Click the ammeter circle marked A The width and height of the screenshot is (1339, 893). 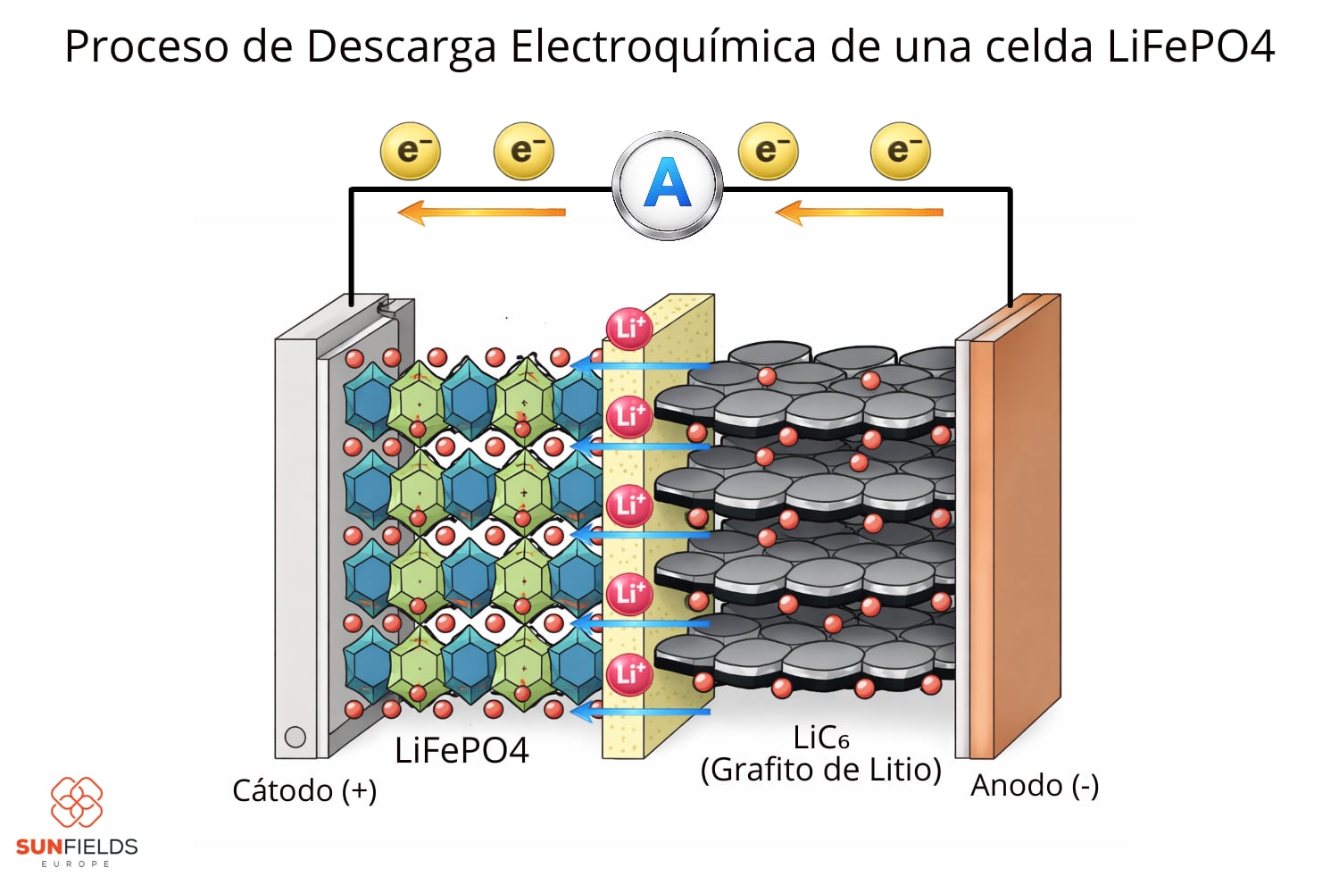pyautogui.click(x=667, y=185)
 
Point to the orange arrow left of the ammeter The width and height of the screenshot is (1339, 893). pyautogui.click(x=481, y=213)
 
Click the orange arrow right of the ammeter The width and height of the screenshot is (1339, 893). pyautogui.click(x=859, y=213)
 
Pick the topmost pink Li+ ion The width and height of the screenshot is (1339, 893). pyautogui.click(x=629, y=329)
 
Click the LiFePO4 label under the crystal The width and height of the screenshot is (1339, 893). pyautogui.click(x=462, y=751)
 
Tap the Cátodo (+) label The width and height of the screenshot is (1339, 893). pyautogui.click(x=304, y=790)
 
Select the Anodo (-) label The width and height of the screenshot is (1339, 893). pyautogui.click(x=1035, y=786)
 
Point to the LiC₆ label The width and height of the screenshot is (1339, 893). pyautogui.click(x=820, y=739)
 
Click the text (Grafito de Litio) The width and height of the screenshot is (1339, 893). pyautogui.click(x=820, y=770)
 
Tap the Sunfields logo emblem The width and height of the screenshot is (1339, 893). pyautogui.click(x=76, y=801)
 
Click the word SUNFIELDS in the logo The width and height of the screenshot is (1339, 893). pyautogui.click(x=77, y=847)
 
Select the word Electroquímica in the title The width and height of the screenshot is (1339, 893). pyautogui.click(x=662, y=46)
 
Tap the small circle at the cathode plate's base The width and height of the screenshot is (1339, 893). pyautogui.click(x=295, y=737)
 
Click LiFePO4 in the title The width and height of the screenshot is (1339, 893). pyautogui.click(x=1191, y=46)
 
